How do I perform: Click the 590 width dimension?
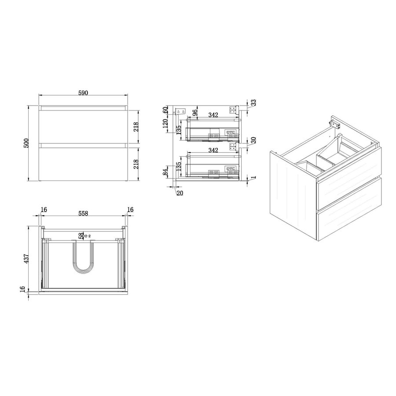(x=84, y=93)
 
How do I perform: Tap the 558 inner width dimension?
(x=83, y=213)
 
